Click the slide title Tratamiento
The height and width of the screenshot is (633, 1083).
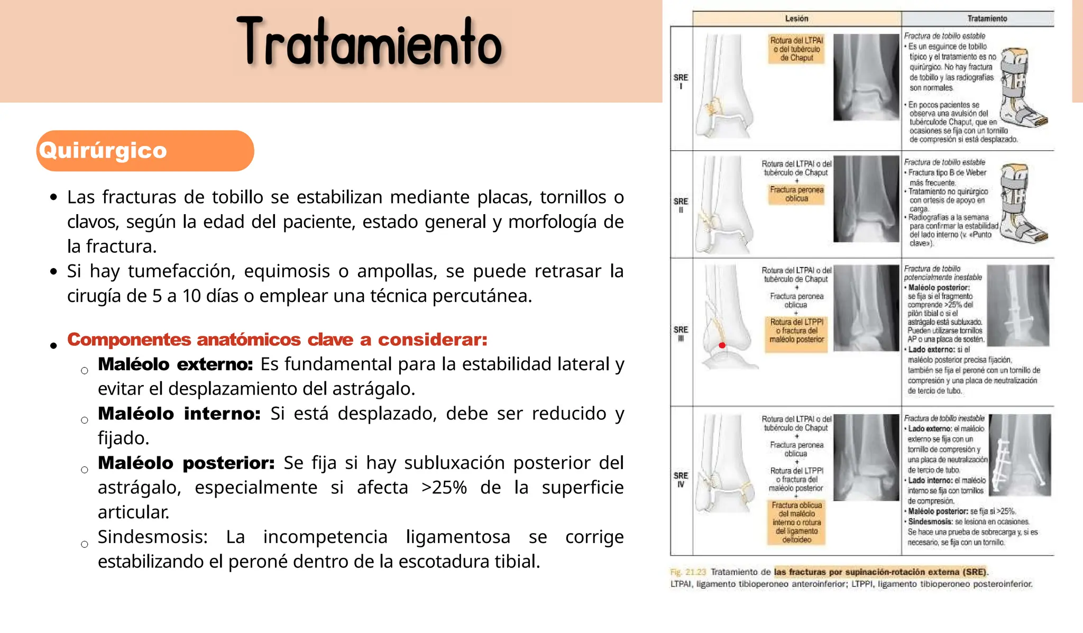(369, 42)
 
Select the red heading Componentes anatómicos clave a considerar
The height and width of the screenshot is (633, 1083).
(277, 340)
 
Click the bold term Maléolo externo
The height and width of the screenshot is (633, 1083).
(175, 364)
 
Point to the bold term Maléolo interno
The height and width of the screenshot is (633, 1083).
(179, 414)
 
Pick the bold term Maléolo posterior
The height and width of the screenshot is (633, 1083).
(186, 463)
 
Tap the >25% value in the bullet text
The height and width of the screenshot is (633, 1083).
(444, 488)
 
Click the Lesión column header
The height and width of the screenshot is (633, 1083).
(796, 19)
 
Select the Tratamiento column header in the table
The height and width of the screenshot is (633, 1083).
(987, 19)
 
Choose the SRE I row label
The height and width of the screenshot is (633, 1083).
(681, 81)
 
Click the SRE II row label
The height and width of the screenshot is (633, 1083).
(681, 205)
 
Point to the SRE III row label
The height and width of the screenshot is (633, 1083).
(681, 334)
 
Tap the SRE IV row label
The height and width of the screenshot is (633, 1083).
(681, 480)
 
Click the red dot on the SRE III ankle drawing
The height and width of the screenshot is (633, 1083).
(722, 345)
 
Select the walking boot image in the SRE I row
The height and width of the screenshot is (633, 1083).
(1023, 87)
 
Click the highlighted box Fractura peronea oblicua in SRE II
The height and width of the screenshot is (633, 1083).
(796, 194)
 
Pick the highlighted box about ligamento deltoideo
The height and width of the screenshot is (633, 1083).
(796, 522)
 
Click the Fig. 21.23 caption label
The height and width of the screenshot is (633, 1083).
(687, 572)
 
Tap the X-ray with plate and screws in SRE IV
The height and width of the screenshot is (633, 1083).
(1020, 455)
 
